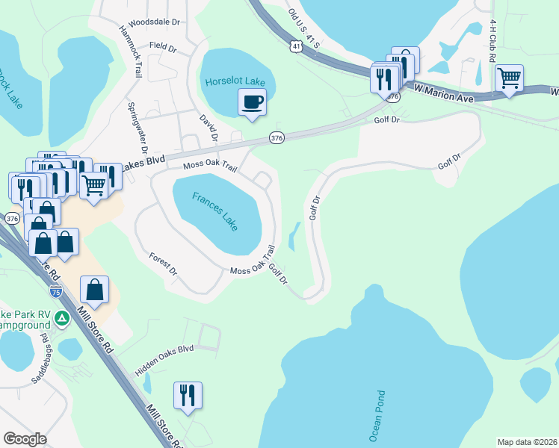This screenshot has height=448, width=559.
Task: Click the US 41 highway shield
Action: pyautogui.click(x=297, y=47)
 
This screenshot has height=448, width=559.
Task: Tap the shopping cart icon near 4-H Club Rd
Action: pyautogui.click(x=509, y=78)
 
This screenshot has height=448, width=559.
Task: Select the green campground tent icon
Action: pyautogui.click(x=62, y=319)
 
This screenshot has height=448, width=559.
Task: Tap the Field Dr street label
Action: pyautogui.click(x=162, y=47)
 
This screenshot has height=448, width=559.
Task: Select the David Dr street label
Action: pyautogui.click(x=207, y=128)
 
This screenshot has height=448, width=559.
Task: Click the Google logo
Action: pyautogui.click(x=24, y=439)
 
